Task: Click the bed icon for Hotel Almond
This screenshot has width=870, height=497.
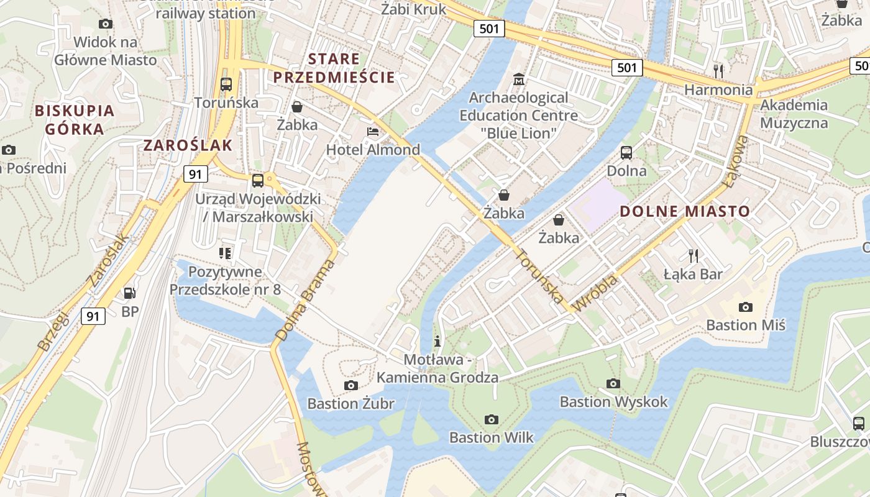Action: [x=373, y=132]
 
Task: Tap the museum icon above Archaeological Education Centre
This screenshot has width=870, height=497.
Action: [x=518, y=80]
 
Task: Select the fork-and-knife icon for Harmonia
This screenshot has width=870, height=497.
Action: [x=718, y=71]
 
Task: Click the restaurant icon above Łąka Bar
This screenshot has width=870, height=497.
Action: [x=693, y=255]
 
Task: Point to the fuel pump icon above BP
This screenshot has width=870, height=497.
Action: [x=129, y=293]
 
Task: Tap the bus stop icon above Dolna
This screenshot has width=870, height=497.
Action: [x=626, y=152]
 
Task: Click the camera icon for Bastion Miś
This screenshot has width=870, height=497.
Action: [x=746, y=307]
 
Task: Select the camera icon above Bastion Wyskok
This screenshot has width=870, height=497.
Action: [x=613, y=383]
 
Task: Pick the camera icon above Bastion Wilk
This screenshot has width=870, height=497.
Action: [x=491, y=419]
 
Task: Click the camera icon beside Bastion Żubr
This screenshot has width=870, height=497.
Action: [x=351, y=385]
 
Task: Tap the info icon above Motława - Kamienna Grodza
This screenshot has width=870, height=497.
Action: [x=438, y=341]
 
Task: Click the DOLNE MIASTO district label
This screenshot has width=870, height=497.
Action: [x=685, y=211]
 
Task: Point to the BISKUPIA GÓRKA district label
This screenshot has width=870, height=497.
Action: [x=75, y=120]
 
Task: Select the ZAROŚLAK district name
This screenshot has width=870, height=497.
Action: [x=188, y=145]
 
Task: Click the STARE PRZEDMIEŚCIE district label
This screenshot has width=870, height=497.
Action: [x=334, y=68]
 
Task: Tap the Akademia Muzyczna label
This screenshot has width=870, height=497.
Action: [x=794, y=114]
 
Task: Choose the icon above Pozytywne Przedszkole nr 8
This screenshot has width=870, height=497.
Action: [x=224, y=253]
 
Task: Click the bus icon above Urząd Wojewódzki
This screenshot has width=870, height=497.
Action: [x=257, y=181]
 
